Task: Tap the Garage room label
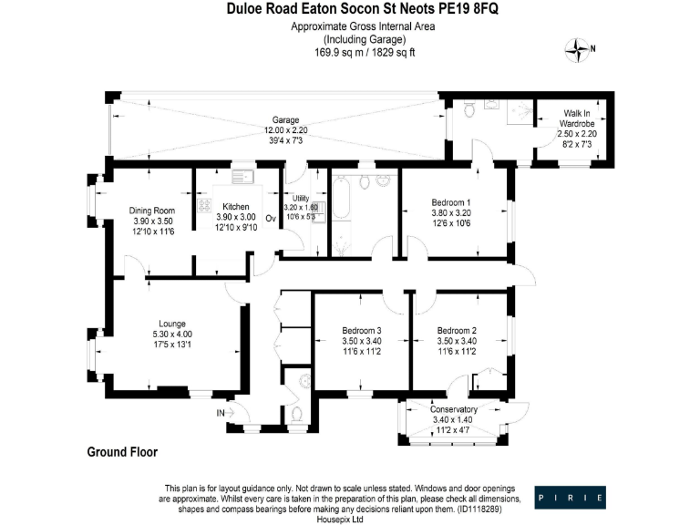coord(285,120)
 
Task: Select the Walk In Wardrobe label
coord(575,118)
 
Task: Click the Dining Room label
coord(151,210)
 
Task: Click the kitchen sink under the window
coord(243,176)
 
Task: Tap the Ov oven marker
coord(270,219)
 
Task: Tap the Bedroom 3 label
coord(362,330)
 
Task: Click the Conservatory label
coord(454,409)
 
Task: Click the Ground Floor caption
coord(122,452)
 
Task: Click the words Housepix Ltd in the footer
coord(340,520)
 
